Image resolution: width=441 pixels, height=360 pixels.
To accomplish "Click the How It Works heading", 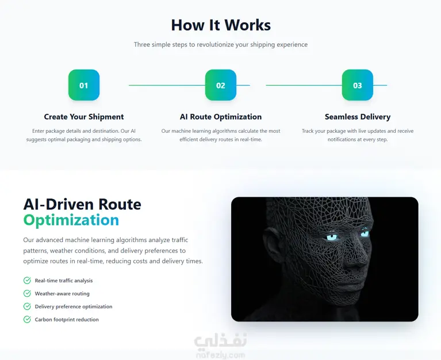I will pos(221,25).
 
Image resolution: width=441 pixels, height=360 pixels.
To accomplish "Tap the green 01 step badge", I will pos(84,85).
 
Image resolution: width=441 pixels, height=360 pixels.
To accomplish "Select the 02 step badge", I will pos(221,85).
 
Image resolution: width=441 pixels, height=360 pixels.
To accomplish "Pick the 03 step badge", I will pos(358,85).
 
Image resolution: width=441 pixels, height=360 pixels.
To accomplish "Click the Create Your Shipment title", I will pos(84,117).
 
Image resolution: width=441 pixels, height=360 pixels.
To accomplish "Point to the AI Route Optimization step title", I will pos(221,117).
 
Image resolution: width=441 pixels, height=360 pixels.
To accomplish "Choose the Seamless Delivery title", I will pos(358,117).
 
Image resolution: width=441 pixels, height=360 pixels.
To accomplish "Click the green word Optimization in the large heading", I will pos(71,220).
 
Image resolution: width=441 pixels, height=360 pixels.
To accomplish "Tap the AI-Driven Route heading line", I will pos(82,204).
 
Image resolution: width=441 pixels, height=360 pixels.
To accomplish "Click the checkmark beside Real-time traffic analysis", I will pos(27,281).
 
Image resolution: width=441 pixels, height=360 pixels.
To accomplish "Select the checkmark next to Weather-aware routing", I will pos(27,293).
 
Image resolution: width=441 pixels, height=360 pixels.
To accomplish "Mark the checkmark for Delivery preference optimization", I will pos(27,307).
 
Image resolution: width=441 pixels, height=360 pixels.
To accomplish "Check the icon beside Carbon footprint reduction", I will pos(27,319).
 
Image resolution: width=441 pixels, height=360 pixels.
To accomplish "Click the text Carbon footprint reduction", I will pos(67,320).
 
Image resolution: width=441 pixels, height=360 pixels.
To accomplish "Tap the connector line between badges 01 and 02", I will pos(167,85).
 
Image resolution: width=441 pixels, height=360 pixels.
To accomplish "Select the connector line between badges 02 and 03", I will pos(304,85).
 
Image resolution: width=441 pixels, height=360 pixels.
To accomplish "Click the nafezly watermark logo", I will pos(221,346).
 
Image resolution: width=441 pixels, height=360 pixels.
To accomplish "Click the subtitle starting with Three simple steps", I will pos(221,44).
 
